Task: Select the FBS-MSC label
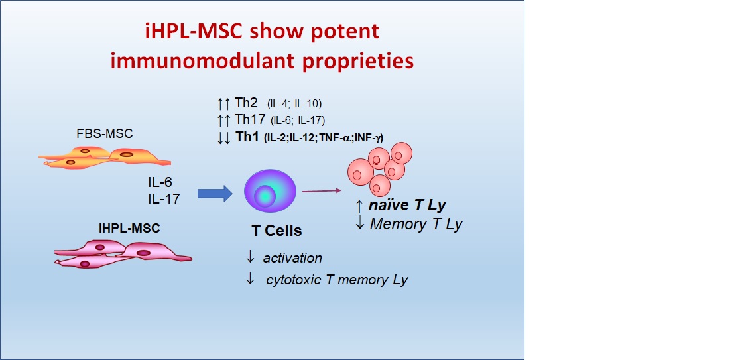[104, 133]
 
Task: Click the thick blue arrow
[215, 193]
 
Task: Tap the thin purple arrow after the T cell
[321, 191]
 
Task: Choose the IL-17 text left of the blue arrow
[163, 198]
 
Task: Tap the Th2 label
[246, 103]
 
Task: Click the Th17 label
[249, 119]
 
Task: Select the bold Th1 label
[246, 137]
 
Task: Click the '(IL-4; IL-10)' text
[294, 103]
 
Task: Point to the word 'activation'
[292, 258]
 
